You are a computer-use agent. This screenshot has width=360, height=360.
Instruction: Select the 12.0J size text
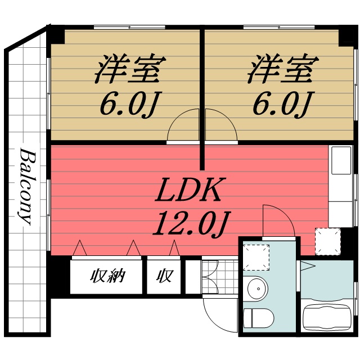[190, 223]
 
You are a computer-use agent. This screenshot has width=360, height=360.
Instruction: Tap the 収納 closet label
[106, 277]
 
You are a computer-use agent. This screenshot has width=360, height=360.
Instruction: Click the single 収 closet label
[164, 277]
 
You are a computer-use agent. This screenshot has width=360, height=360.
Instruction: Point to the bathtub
[327, 318]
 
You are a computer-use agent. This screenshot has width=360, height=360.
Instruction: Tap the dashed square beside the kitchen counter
[327, 240]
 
